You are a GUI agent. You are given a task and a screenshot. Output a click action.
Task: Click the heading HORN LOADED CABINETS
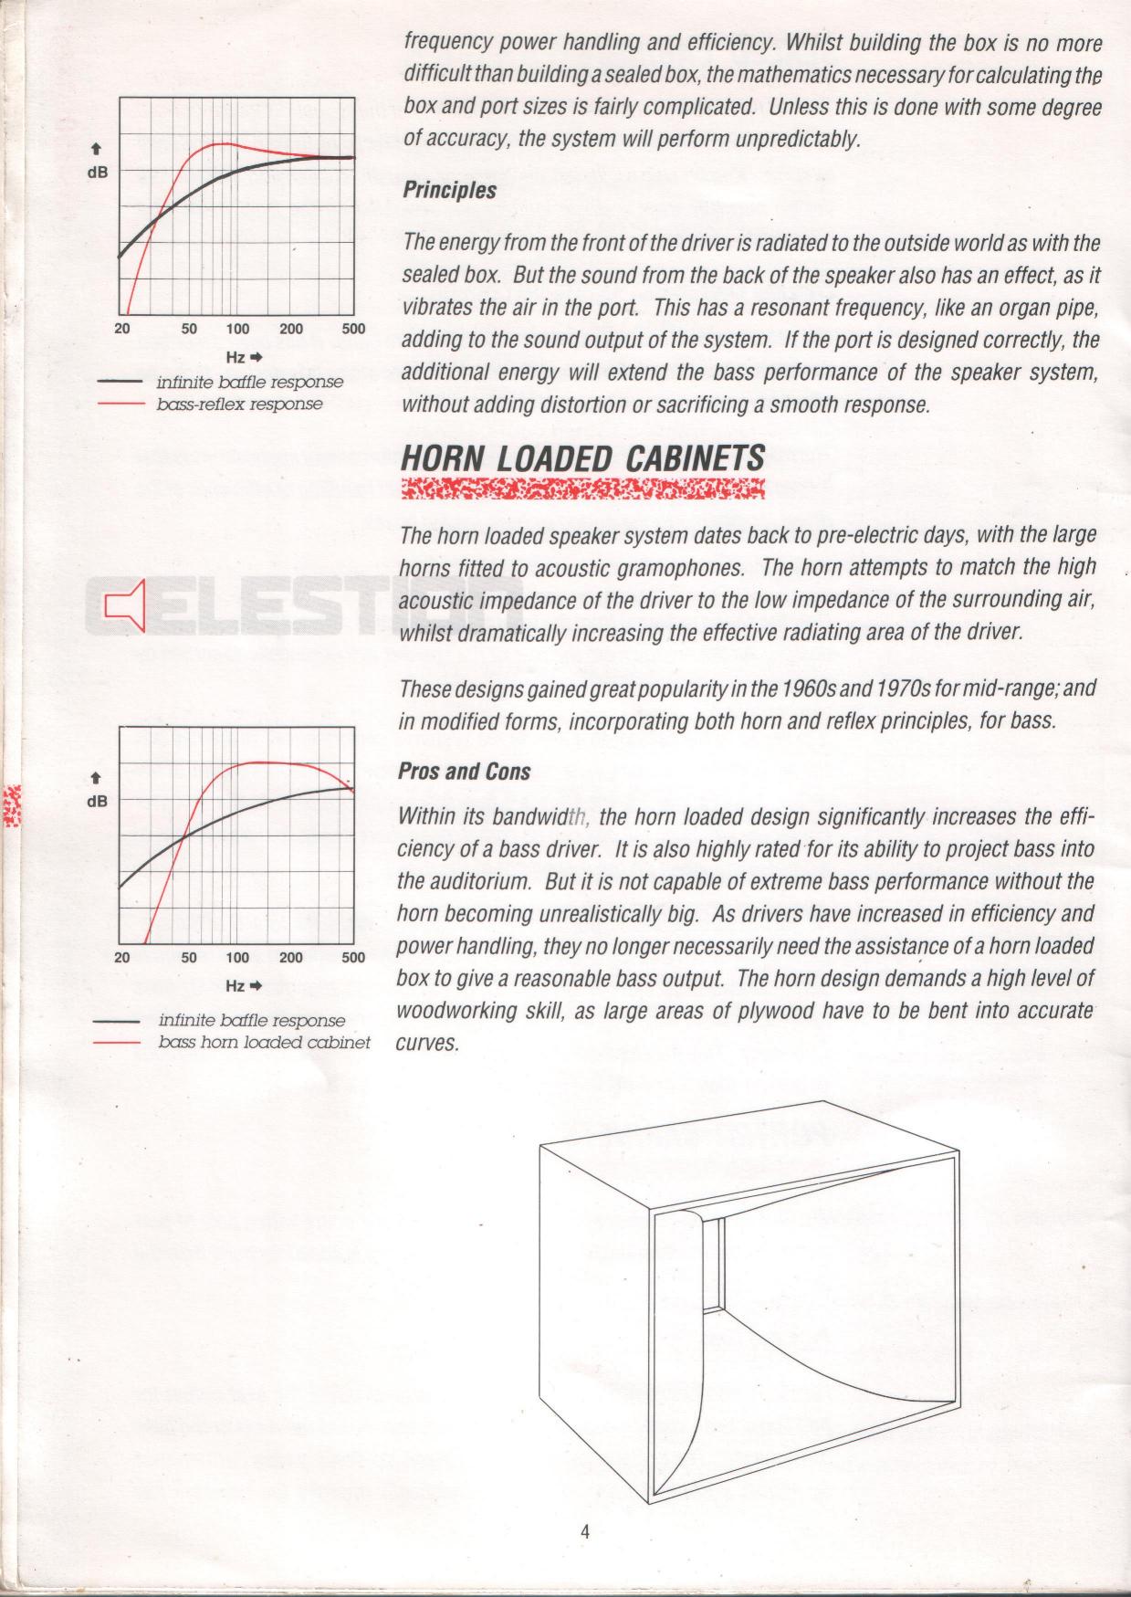pyautogui.click(x=582, y=457)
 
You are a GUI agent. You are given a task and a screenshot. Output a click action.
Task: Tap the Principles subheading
pyautogui.click(x=449, y=191)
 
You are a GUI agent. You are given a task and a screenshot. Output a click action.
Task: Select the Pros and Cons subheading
pyautogui.click(x=464, y=772)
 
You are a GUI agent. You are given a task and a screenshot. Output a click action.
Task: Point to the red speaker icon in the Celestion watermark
pyautogui.click(x=125, y=604)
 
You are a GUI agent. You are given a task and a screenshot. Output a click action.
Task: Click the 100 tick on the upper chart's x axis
pyautogui.click(x=237, y=329)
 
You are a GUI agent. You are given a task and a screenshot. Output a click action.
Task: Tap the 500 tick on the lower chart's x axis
pyautogui.click(x=352, y=957)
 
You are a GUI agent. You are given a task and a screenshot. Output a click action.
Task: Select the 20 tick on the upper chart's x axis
pyautogui.click(x=122, y=329)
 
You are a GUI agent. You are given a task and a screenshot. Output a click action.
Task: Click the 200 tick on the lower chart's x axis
pyautogui.click(x=291, y=957)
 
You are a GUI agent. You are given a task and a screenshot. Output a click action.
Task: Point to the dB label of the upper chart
pyautogui.click(x=97, y=171)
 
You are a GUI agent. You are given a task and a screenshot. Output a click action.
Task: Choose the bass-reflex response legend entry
pyautogui.click(x=239, y=403)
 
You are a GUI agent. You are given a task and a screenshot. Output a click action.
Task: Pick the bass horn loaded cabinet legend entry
pyautogui.click(x=264, y=1042)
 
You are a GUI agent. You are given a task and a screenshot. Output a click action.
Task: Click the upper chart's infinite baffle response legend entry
pyautogui.click(x=249, y=382)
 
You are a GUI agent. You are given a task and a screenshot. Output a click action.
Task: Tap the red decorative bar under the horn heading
pyautogui.click(x=582, y=489)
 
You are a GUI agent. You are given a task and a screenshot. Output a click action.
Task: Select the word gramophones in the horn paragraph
pyautogui.click(x=676, y=568)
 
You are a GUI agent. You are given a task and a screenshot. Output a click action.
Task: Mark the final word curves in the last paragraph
pyautogui.click(x=427, y=1044)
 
